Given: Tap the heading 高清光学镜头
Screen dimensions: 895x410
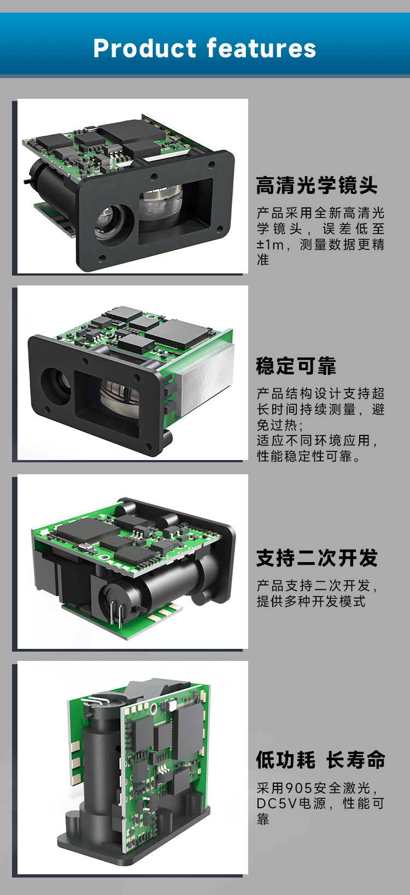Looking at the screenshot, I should [317, 186].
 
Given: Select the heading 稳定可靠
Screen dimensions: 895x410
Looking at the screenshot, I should [296, 366].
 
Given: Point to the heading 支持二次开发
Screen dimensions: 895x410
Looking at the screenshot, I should [317, 558].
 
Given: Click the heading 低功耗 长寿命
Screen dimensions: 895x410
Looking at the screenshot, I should [320, 760].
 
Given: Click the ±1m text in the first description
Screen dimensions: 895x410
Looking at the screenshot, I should [271, 244].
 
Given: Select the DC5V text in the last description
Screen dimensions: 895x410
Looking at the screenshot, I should [277, 803].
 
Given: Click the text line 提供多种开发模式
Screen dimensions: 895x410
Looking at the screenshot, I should [311, 601].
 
